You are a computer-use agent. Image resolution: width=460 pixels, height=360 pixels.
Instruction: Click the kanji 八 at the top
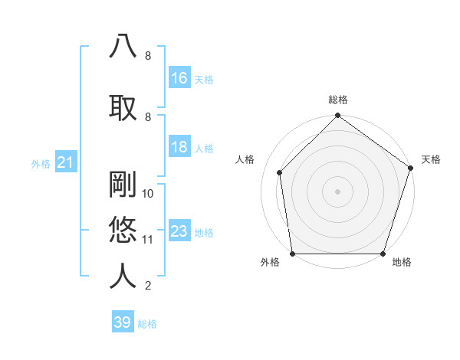coord(123,47)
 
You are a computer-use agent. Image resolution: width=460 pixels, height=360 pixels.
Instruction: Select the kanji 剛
coord(123,184)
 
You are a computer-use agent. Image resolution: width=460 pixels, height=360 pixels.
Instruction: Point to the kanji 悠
coord(123,230)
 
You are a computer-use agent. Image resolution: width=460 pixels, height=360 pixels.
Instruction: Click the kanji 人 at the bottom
coord(123,276)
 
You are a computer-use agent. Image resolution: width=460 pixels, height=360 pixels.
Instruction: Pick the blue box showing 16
coord(179,78)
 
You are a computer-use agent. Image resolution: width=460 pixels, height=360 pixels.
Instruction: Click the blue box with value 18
coord(179,148)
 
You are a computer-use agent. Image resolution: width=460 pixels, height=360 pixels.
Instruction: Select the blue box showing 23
coord(179,231)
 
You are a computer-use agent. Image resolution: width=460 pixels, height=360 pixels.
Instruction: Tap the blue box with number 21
coord(64,162)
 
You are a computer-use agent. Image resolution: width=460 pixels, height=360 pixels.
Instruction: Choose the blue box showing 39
coord(122,322)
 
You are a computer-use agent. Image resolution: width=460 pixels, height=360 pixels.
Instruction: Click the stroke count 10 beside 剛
coord(148,194)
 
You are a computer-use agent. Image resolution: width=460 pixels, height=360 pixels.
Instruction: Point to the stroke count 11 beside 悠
coord(148,240)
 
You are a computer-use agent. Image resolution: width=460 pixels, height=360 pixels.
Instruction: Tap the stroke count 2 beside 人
coord(148,286)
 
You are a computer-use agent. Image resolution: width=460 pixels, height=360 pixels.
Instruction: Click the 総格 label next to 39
coord(147,324)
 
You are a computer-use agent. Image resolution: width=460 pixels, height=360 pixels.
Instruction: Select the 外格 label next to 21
coord(40,163)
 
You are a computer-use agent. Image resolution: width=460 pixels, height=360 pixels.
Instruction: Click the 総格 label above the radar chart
coord(337,100)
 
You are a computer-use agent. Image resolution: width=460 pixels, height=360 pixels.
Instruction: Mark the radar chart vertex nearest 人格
coord(280,172)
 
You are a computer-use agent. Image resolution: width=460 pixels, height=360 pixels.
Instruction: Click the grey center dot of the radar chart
coord(337,191)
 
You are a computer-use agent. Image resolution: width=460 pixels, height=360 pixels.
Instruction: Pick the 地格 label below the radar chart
coord(402,263)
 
